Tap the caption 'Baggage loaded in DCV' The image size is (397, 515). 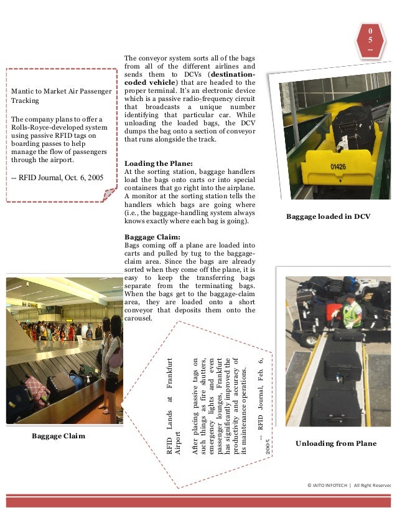(x=328, y=216)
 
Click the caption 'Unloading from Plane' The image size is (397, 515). (x=337, y=443)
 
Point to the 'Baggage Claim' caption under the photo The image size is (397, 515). (x=58, y=436)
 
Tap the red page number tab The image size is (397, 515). (x=370, y=39)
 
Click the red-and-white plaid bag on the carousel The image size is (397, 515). (x=37, y=390)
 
